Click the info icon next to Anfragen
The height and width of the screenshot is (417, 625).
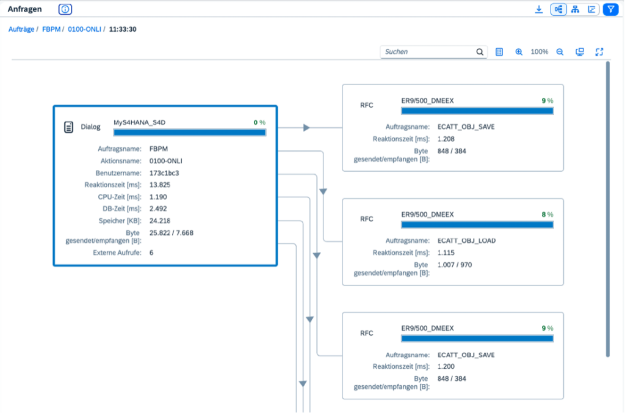point(65,9)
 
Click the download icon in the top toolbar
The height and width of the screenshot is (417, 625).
point(538,9)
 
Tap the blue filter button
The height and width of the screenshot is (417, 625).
point(610,9)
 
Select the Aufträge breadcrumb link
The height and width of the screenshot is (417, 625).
point(21,29)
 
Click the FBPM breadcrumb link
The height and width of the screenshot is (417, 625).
point(51,29)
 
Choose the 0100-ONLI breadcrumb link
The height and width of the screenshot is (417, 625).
point(84,29)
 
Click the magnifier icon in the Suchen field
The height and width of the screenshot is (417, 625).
point(480,52)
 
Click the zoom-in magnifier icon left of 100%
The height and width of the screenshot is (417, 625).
point(519,52)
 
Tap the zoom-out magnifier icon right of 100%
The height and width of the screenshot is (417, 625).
point(560,52)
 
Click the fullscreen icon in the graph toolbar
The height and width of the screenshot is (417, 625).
point(599,52)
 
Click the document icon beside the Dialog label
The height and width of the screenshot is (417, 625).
point(68,127)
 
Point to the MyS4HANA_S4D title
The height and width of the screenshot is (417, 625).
point(140,122)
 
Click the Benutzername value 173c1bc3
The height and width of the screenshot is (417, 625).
point(164,173)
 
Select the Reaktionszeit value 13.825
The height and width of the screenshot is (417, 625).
point(160,185)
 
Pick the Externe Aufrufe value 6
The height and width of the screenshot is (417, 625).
point(151,253)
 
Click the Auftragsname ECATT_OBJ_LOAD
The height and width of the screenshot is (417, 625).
point(466,240)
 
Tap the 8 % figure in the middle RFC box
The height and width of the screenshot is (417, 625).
point(547,215)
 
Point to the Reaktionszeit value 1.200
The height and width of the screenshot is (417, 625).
point(446,366)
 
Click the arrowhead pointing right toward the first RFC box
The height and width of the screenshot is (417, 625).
point(306,128)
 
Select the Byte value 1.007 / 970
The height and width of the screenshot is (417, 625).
point(454,264)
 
